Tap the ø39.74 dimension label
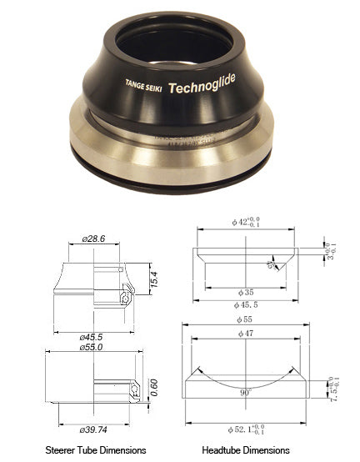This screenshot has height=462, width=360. click(94, 429)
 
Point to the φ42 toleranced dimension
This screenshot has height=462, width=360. click(247, 223)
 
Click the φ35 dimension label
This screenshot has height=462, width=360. click(247, 292)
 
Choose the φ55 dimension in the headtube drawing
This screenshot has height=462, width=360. click(247, 320)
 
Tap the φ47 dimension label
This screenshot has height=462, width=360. click(247, 333)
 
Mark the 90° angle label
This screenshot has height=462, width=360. click(247, 391)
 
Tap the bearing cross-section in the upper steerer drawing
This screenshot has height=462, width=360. click(127, 298)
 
